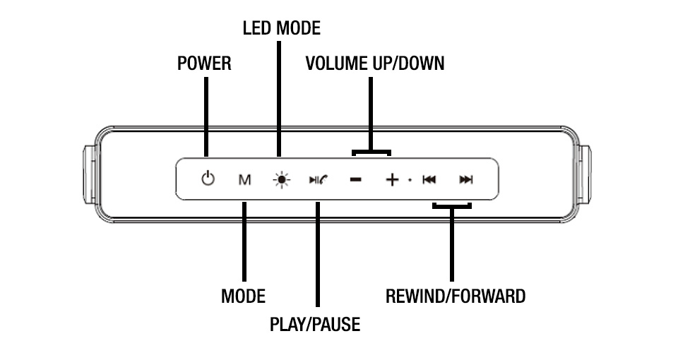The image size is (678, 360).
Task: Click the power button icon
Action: click(207, 179)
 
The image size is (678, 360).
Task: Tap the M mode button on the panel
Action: click(244, 180)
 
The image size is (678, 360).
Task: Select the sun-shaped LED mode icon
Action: click(282, 180)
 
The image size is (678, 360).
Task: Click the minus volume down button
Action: click(355, 180)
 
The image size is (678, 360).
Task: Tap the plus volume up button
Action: click(392, 180)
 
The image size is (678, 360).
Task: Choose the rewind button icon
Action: click(429, 180)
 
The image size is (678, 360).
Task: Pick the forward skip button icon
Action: click(465, 180)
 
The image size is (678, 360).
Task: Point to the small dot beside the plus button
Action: click(410, 181)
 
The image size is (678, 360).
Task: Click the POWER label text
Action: click(204, 64)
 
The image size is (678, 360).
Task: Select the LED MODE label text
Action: click(281, 28)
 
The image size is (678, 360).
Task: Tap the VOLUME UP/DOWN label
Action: click(374, 64)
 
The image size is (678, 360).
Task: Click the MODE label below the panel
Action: click(243, 296)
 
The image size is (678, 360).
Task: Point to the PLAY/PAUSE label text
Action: click(315, 325)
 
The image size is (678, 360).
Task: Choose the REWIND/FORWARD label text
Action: click(455, 296)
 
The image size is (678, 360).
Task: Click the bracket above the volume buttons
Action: click(371, 151)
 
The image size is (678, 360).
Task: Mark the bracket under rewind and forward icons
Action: click(452, 206)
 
